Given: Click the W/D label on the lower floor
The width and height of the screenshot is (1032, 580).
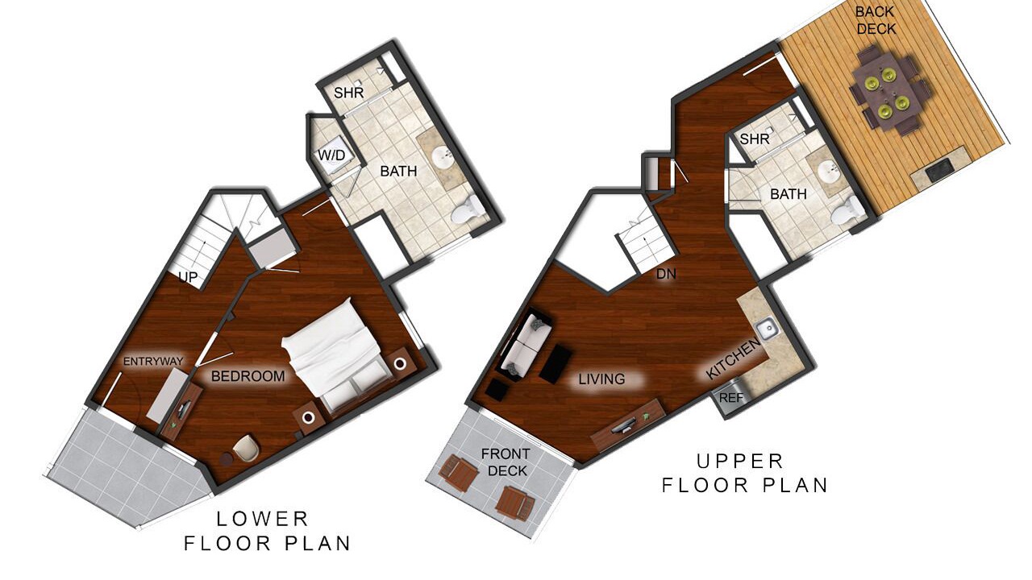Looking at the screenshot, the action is pos(331,155).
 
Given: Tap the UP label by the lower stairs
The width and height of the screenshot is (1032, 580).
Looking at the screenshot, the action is pos(188,277).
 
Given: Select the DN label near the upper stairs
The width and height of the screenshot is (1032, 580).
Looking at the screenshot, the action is pos(666,275).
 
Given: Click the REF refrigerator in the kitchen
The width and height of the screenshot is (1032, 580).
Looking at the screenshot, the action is pos(730,398).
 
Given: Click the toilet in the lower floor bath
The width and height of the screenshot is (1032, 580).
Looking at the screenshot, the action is pos(466,210).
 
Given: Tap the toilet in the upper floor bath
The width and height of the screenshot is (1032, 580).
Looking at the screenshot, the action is pos(847,211).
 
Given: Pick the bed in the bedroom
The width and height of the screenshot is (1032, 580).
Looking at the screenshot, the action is pos(339,357).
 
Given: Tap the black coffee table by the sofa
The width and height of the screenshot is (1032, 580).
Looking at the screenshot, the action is pos(556,363).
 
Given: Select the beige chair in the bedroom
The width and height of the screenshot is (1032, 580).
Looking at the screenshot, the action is pos(246,447).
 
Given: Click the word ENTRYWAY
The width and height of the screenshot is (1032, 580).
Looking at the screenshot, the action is pos(153,362).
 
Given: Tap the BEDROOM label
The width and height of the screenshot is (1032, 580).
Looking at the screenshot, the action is pos(248,376).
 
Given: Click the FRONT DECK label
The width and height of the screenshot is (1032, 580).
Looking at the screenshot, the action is pos(505,462).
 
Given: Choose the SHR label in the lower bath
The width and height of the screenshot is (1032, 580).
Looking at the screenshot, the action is pos(349,93).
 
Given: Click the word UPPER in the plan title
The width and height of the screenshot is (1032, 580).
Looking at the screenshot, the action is pos(740,462).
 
